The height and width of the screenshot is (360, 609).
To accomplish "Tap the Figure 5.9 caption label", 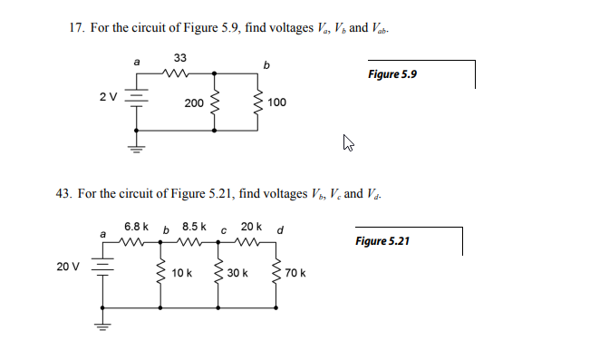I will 391,73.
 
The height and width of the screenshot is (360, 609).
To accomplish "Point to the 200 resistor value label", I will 194,103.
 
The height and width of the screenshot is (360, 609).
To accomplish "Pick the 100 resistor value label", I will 276,103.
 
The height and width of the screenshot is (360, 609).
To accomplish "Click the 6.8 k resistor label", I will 138,225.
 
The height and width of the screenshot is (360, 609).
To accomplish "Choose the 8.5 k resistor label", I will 195,225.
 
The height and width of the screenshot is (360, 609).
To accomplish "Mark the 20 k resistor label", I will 251,225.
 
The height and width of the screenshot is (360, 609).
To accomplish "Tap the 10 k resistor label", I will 181,272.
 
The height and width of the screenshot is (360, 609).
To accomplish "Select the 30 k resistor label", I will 237,272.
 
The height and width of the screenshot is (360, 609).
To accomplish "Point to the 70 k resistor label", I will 295,272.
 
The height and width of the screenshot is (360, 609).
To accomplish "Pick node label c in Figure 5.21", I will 223,230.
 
